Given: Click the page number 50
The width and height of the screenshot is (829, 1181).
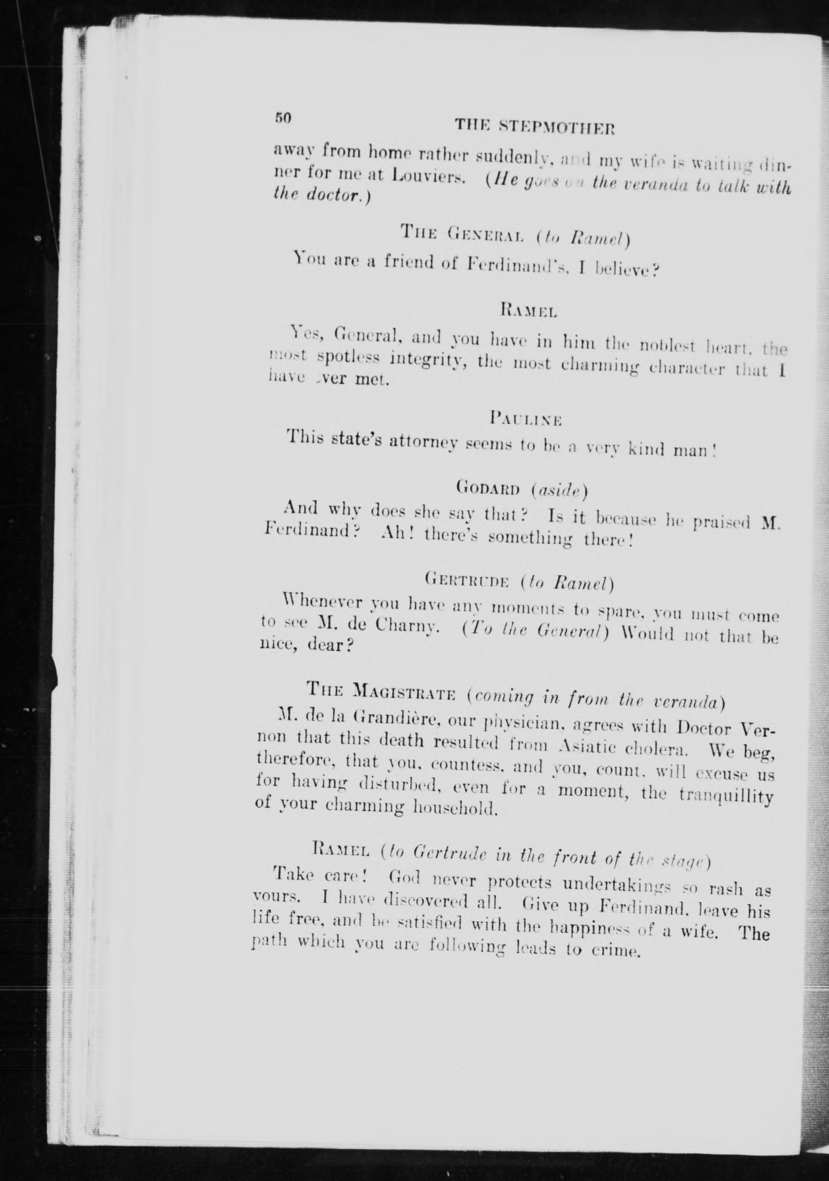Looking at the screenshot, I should [x=283, y=117].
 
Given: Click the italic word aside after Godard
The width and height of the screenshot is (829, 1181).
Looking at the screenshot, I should [x=560, y=490].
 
